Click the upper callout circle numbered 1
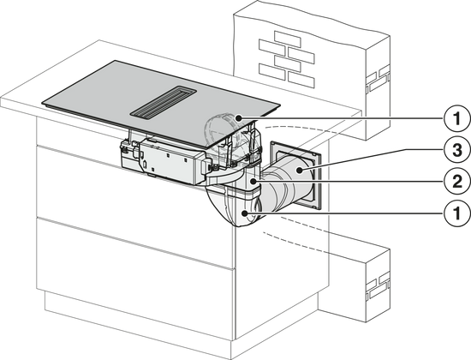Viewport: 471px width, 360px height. [457, 118]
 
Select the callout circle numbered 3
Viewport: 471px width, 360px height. [457, 149]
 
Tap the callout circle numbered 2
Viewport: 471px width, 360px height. [457, 182]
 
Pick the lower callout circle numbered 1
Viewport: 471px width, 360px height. [457, 213]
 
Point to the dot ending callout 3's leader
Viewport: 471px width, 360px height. [300, 171]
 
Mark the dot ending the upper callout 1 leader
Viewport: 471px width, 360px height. [238, 118]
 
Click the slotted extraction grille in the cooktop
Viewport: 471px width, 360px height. [163, 103]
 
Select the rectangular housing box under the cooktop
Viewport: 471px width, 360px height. [170, 161]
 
